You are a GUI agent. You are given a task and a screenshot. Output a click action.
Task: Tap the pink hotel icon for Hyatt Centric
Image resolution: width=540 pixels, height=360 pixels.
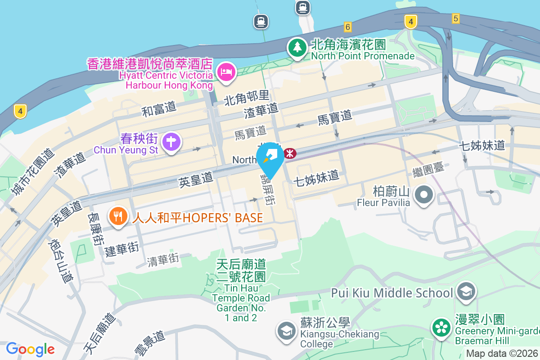pos(226,72)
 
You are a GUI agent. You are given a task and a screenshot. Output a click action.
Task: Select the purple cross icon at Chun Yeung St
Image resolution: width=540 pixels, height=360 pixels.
pos(171,142)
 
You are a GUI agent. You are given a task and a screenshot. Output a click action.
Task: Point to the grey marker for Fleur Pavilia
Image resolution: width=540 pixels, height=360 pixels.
pos(423,195)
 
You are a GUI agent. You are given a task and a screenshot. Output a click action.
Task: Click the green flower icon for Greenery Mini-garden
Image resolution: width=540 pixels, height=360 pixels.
pos(441,327)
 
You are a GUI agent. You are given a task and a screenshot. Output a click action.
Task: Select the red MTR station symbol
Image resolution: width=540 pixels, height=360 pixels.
pos(290,153)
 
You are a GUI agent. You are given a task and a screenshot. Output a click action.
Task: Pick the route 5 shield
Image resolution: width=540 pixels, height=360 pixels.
pos(456,18)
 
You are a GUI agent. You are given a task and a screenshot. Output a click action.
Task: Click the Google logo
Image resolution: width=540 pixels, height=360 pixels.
pos(31,349)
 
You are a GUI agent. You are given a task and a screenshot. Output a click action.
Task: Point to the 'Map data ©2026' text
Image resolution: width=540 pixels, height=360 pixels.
pos(502,354)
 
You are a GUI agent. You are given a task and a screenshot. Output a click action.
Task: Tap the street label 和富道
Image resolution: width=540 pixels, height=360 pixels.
pos(159,109)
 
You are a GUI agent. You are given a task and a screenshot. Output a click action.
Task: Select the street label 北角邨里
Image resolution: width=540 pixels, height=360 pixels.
pos(247,96)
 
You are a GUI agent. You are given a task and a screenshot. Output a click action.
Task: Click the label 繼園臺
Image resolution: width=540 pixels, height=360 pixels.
pos(428,170)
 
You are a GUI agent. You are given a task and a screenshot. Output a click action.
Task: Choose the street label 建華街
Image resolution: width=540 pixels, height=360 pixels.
pos(122,248)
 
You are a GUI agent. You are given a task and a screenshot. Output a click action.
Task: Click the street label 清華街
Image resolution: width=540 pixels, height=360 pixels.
pos(163,259)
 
